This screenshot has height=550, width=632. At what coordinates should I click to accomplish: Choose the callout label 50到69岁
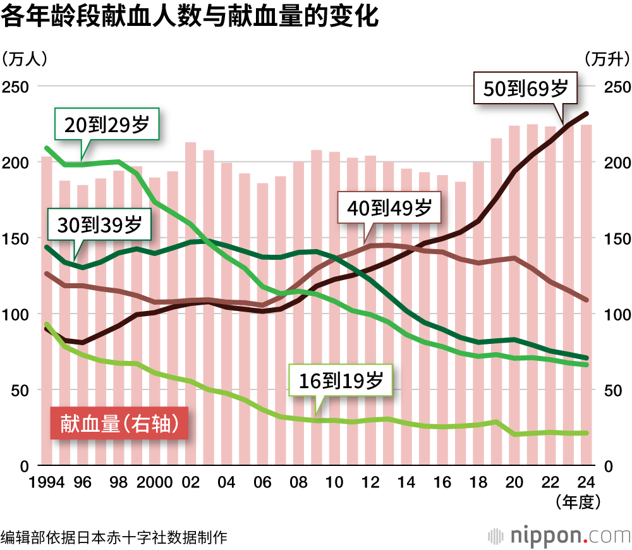point(526,88)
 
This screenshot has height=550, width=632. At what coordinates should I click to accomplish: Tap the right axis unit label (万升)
point(607,59)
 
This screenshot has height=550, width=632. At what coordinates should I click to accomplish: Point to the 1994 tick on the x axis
point(47,484)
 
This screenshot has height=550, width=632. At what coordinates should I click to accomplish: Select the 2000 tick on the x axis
point(154,484)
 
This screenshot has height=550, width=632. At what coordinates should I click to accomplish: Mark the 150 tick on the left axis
point(17,238)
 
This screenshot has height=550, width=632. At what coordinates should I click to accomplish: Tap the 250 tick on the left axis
point(17,87)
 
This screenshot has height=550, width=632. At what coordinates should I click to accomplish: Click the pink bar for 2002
point(190,303)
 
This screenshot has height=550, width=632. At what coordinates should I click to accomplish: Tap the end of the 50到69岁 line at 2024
point(586,114)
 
